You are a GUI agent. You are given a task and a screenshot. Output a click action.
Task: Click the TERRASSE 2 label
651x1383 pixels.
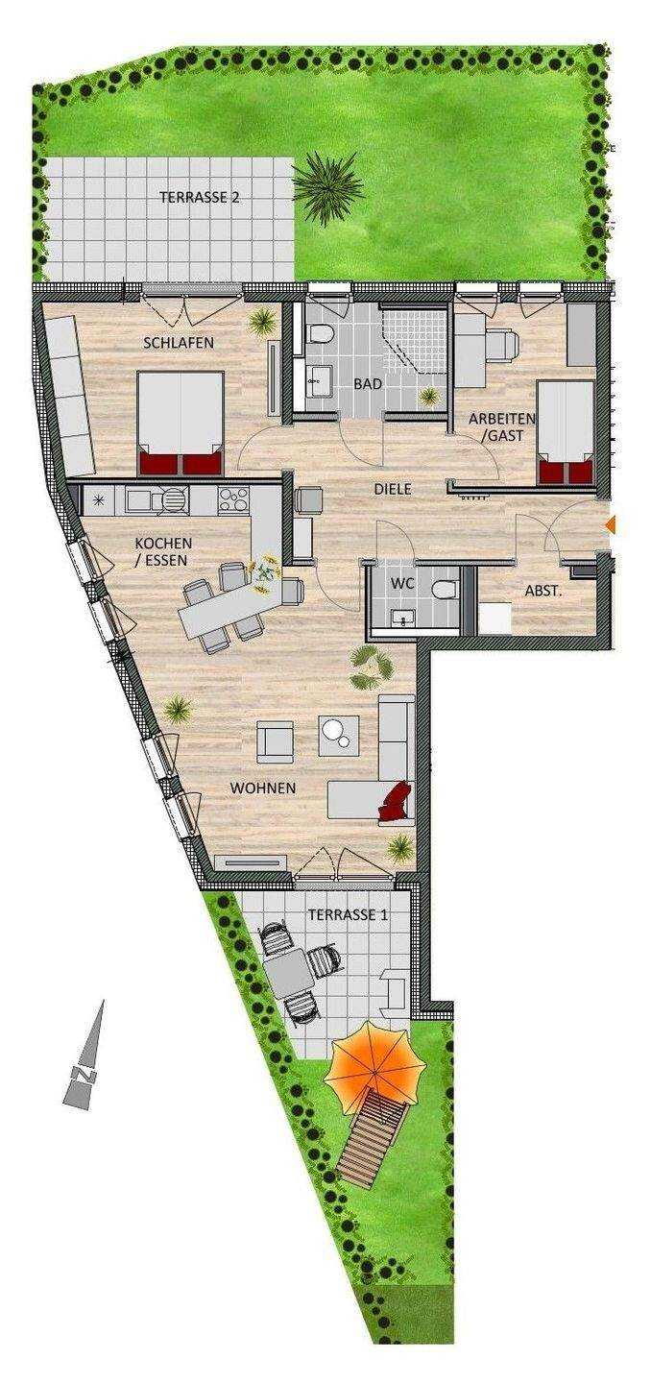point(200,198)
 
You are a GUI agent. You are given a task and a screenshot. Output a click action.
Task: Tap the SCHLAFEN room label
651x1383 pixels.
point(179,343)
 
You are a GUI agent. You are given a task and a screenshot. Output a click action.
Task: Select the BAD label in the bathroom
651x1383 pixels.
point(367,384)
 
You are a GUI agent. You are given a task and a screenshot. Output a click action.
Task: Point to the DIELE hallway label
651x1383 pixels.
point(393,490)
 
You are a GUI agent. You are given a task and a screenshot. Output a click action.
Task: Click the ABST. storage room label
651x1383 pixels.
point(543,591)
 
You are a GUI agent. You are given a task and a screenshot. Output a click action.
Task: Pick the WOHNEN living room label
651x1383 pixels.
point(263,789)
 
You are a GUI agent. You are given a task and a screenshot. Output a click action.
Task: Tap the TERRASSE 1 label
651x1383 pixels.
point(349,915)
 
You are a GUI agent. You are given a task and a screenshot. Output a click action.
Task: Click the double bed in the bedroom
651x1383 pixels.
point(181,423)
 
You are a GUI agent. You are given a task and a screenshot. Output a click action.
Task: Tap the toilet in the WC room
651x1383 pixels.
point(445,590)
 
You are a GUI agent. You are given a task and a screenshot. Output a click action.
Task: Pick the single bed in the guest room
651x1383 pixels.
point(565,432)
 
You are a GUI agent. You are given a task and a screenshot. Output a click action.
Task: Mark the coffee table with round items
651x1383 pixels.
point(339,735)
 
